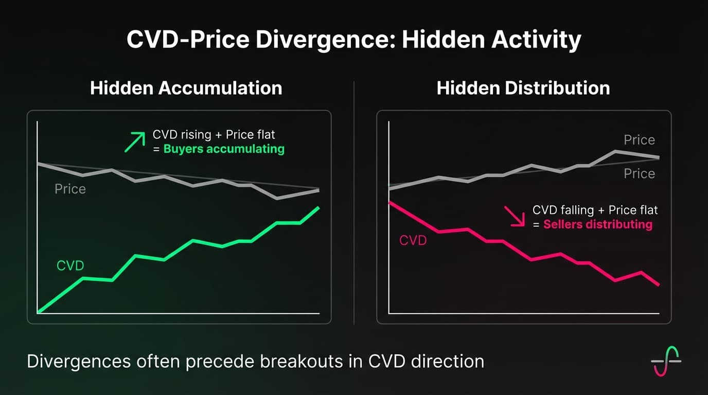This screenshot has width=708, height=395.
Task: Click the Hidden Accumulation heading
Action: click(x=186, y=87)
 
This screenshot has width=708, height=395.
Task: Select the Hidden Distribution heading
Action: click(x=523, y=87)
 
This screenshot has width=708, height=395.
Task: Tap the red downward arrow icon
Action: click(x=514, y=217)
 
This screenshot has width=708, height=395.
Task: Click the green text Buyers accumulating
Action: click(x=224, y=149)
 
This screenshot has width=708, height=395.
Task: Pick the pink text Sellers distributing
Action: click(x=597, y=224)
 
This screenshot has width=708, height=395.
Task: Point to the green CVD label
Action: click(x=70, y=266)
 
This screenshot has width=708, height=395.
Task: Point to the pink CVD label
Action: click(x=413, y=240)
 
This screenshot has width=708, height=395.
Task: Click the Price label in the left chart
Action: click(x=70, y=189)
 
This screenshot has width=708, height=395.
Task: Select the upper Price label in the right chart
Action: click(x=639, y=140)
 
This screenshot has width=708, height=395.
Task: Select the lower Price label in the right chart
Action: click(x=639, y=174)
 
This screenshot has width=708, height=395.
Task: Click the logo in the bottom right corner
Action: click(x=666, y=361)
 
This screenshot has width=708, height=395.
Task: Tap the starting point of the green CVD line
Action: click(x=39, y=312)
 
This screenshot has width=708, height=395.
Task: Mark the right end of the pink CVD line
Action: click(x=659, y=284)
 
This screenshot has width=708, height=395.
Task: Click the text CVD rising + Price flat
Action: click(x=214, y=135)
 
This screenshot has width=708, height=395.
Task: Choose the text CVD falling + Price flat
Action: click(x=595, y=210)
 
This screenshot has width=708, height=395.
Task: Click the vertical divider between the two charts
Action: click(x=354, y=206)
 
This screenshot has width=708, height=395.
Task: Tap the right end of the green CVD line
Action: click(x=319, y=208)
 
